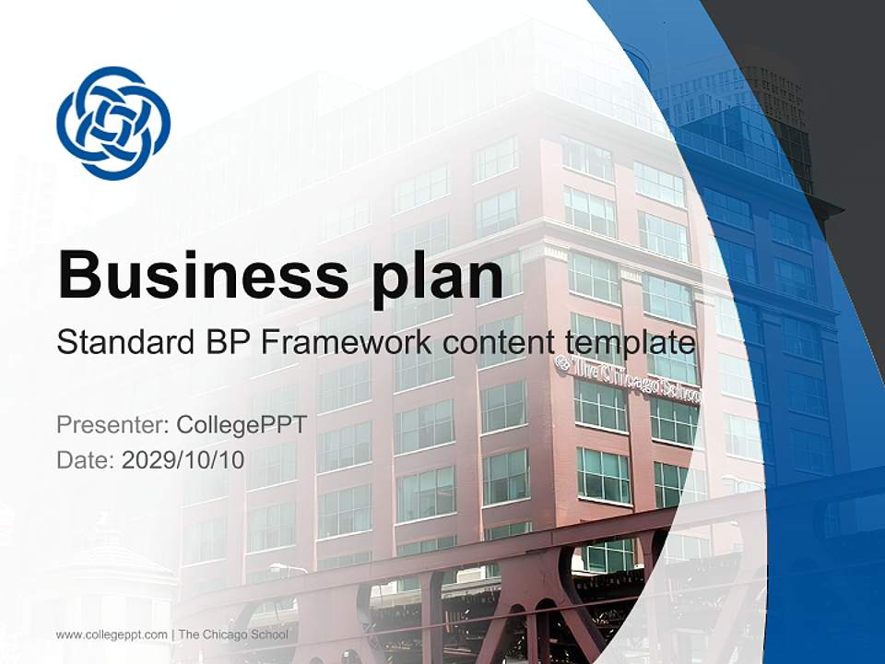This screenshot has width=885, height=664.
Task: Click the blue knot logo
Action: (x=113, y=123)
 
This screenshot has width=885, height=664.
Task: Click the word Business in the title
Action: (x=196, y=274)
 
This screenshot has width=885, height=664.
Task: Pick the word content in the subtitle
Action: (x=497, y=343)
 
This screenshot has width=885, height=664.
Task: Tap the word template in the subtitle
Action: (x=625, y=343)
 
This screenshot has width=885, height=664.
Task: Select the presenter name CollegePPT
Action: (x=241, y=425)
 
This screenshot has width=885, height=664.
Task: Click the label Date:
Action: (x=86, y=459)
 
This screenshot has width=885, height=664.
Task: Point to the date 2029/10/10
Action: (x=183, y=459)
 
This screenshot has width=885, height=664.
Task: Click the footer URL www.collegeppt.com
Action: (x=112, y=634)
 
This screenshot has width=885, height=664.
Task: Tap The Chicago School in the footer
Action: (x=233, y=634)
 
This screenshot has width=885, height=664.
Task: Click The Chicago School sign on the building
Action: (x=628, y=378)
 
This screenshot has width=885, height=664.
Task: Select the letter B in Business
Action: (x=78, y=274)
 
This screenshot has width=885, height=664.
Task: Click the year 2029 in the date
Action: (x=147, y=459)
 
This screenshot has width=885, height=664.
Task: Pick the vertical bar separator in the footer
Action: (x=172, y=634)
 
